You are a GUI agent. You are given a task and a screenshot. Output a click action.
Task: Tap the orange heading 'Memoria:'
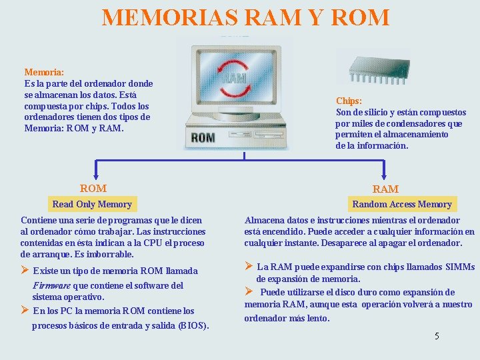point(44,72)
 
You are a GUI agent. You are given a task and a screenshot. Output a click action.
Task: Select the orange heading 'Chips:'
point(349,101)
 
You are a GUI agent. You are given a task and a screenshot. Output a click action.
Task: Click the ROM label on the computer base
point(203,138)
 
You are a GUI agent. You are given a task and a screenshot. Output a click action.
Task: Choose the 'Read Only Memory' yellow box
point(92,204)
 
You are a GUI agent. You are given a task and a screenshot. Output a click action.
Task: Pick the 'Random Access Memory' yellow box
point(402,204)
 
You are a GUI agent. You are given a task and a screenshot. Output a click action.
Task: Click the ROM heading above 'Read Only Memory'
point(93,189)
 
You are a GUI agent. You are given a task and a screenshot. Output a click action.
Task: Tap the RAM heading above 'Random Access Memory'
point(385,189)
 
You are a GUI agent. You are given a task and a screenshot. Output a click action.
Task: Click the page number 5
point(437,336)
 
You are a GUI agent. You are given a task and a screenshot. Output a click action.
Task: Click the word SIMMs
point(459,267)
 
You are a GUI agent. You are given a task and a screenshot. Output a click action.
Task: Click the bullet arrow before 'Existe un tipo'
point(25,270)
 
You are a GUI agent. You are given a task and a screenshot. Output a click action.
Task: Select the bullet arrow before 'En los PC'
point(25,310)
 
